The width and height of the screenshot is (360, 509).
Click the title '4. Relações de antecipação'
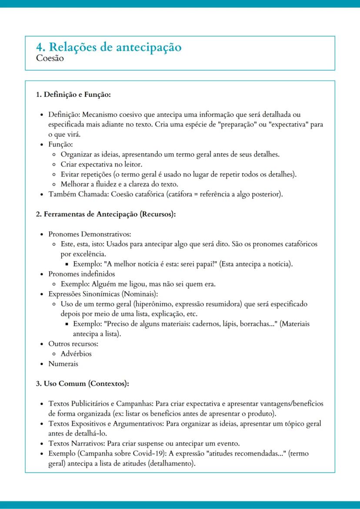[109, 47]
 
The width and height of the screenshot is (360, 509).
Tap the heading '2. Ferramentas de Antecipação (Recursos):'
[106, 214]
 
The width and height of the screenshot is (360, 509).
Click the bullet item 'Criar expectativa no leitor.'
[101, 164]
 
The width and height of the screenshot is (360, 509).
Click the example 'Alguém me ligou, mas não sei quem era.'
[138, 284]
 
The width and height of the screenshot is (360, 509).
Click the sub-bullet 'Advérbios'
[76, 354]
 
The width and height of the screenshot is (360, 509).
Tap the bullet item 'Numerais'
[63, 364]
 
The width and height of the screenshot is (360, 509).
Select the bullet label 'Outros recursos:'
[73, 344]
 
